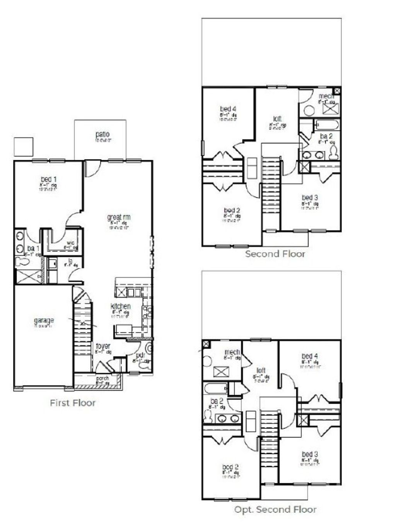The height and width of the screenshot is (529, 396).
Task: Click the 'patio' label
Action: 102,134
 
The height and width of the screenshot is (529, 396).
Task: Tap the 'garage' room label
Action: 44,320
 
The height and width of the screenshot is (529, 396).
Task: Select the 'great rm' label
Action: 119,217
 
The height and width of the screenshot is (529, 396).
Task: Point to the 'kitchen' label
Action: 121,306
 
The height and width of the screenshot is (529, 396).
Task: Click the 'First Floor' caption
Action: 73,403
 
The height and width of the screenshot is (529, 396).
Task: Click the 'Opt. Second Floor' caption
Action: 275,509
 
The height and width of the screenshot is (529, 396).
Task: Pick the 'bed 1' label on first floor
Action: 49,179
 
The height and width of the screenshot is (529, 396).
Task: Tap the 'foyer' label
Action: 103,346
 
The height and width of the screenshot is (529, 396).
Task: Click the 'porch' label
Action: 102,378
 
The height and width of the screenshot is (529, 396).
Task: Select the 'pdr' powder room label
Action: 140,355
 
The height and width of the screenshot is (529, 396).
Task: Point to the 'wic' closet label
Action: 70,243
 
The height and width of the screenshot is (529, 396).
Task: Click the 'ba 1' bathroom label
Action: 33,248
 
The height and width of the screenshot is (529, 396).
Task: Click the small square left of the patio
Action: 23,147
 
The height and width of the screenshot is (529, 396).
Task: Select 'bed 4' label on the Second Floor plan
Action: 228,109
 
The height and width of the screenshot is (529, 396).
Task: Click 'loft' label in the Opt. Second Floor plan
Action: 261,370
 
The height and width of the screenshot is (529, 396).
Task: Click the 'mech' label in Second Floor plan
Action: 326,96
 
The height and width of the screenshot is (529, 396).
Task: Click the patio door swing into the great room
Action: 92,168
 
